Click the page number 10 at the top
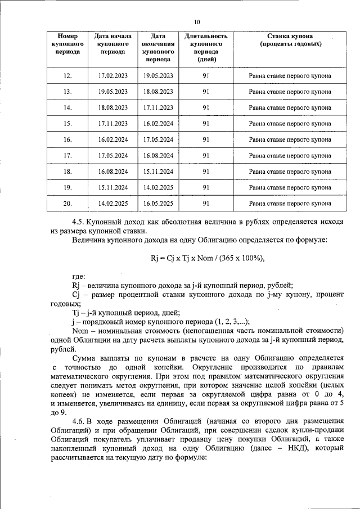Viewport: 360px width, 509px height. pyautogui.click(x=197, y=22)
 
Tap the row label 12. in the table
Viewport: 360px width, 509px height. pyautogui.click(x=67, y=75)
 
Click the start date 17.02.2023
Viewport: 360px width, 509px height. pyautogui.click(x=113, y=75)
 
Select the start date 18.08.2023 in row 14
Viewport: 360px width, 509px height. pyautogui.click(x=113, y=107)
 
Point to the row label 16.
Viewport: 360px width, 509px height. pyautogui.click(x=67, y=139)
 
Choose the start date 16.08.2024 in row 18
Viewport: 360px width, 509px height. pyautogui.click(x=113, y=171)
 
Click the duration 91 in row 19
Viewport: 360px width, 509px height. pyautogui.click(x=206, y=187)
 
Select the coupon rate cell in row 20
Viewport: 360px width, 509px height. pyautogui.click(x=290, y=203)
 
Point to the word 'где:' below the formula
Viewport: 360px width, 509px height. pyautogui.click(x=79, y=276)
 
